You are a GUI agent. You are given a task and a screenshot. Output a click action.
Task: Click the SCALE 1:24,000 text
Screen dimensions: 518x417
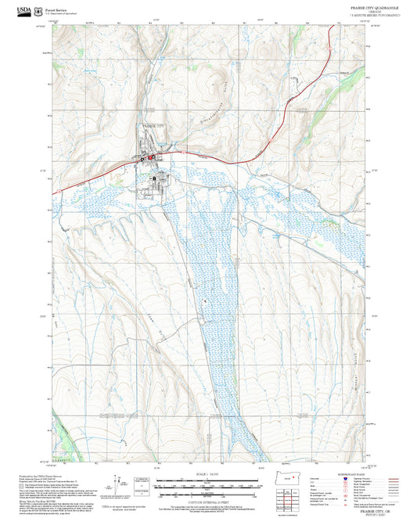click(x=208, y=474)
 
